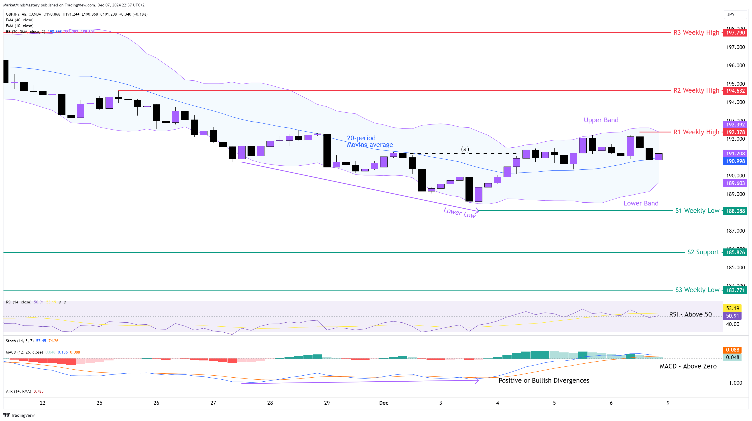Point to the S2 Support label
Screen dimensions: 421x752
point(703,252)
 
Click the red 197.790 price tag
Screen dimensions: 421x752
point(735,33)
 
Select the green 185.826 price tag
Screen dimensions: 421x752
point(735,252)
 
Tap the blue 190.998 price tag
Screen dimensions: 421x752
point(735,161)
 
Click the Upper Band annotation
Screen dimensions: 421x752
point(601,120)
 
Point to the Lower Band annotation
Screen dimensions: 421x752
point(641,203)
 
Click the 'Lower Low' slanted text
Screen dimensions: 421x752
point(459,213)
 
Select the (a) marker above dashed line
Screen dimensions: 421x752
point(465,149)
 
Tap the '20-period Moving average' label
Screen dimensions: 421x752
point(370,141)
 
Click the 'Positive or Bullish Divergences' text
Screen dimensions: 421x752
point(544,380)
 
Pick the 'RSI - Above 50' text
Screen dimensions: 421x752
point(690,314)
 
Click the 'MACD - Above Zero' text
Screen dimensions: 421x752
point(688,366)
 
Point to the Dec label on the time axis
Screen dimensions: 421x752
point(384,403)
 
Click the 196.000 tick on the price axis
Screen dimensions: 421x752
point(735,65)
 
